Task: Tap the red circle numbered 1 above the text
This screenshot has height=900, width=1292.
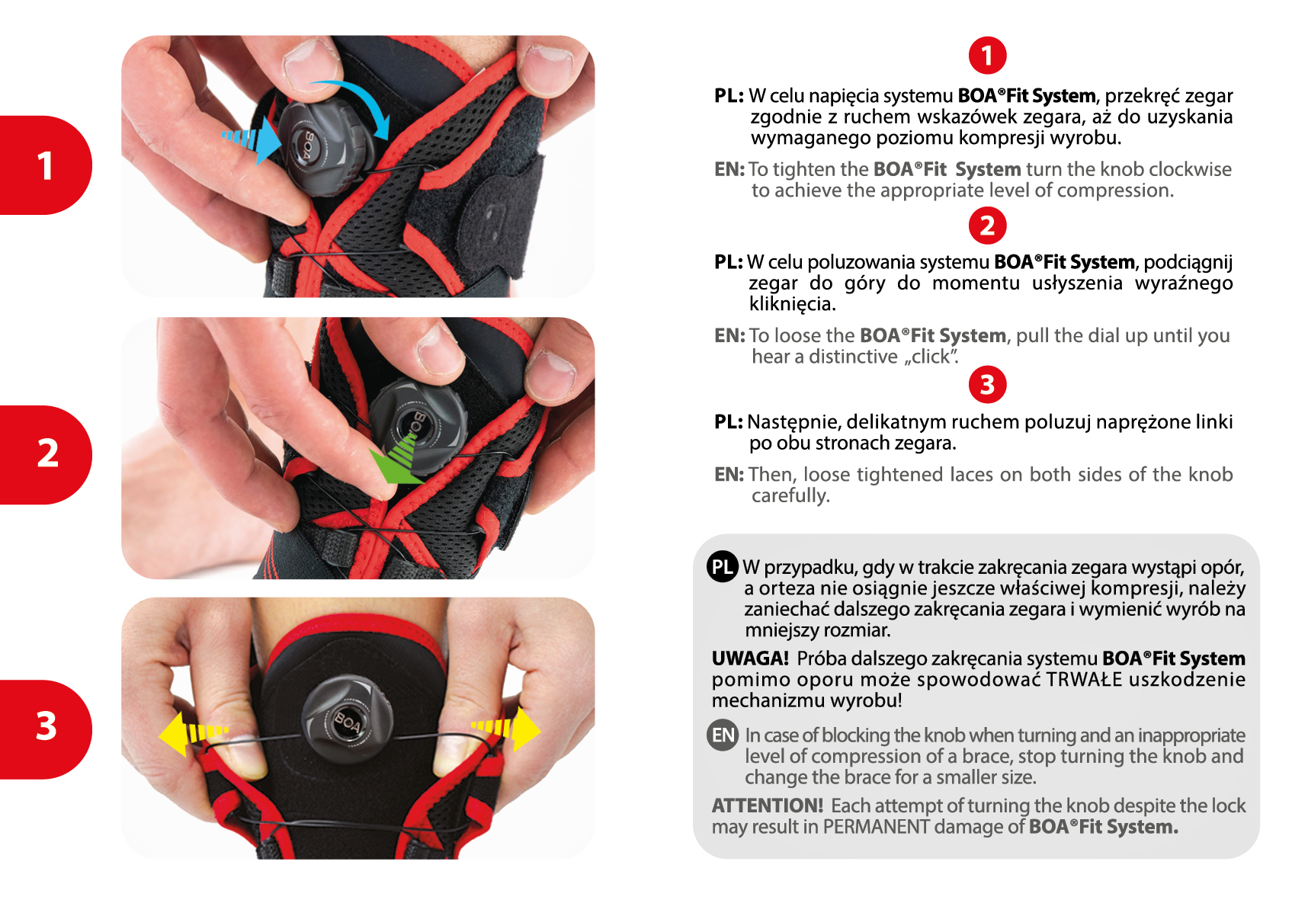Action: tap(987, 56)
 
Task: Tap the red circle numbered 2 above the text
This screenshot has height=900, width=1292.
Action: tap(987, 226)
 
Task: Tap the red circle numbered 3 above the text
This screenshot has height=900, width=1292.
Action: tap(987, 385)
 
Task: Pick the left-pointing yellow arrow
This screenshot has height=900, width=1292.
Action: tap(193, 733)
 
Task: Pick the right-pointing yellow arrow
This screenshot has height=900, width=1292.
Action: tap(506, 729)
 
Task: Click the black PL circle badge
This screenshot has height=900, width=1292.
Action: tap(722, 567)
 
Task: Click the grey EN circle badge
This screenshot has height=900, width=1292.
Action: tap(722, 735)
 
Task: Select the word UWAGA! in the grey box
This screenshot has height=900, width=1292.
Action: tap(750, 658)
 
